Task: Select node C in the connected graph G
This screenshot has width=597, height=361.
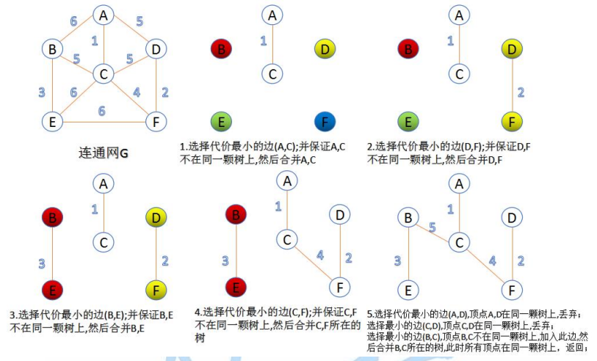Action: [x=103, y=73]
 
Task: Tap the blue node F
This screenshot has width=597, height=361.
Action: [x=325, y=120]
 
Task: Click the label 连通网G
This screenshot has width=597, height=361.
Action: [x=102, y=153]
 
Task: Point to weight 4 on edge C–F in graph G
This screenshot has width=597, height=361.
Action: [x=136, y=93]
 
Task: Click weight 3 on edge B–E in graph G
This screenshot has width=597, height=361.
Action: [x=42, y=92]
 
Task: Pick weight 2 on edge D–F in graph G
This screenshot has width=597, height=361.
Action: [x=164, y=92]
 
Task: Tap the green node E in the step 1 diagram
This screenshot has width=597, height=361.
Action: [x=220, y=120]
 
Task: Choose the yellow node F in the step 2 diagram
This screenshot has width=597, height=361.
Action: [x=512, y=120]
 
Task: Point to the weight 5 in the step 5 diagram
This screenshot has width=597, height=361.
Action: [x=432, y=228]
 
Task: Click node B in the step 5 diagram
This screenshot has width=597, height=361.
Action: [x=408, y=217]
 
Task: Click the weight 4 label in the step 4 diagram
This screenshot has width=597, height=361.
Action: [x=319, y=256]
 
